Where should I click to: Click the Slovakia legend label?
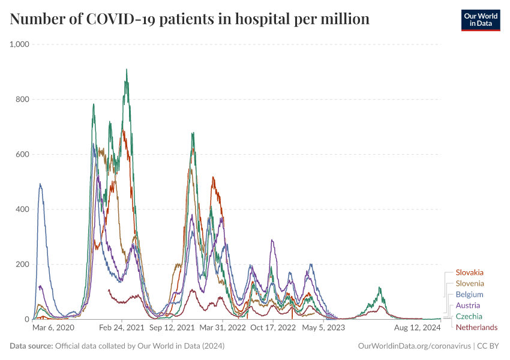pyautogui.click(x=469, y=272)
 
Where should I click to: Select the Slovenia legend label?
pyautogui.click(x=470, y=283)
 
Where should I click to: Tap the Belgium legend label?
pyautogui.click(x=469, y=295)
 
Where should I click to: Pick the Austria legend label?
pyautogui.click(x=468, y=305)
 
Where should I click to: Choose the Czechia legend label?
pyautogui.click(x=469, y=316)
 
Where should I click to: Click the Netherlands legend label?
pyautogui.click(x=476, y=327)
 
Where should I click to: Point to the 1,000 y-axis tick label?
pyautogui.click(x=19, y=44)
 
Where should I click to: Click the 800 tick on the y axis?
pyautogui.click(x=22, y=100)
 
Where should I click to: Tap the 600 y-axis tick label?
pyautogui.click(x=22, y=154)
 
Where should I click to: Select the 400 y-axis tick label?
pyautogui.click(x=22, y=209)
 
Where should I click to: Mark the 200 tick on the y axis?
pyautogui.click(x=22, y=265)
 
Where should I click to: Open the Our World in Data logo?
pyautogui.click(x=480, y=20)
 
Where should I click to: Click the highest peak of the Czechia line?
pyautogui.click(x=126, y=69)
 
